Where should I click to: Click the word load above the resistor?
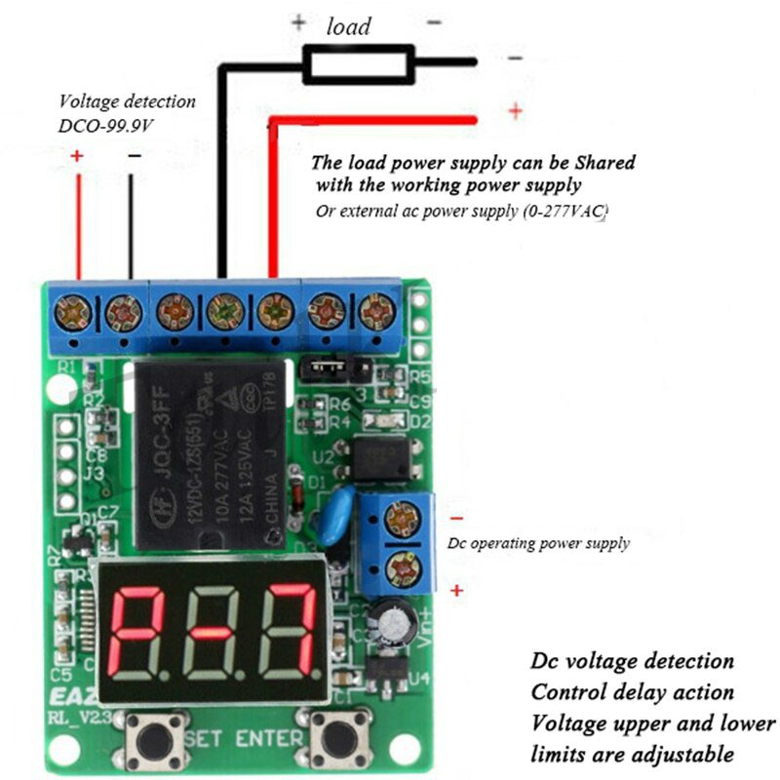tap(349, 26)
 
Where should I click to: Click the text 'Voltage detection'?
tap(127, 101)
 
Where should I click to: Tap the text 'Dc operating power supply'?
tap(538, 543)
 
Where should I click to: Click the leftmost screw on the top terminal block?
tap(74, 314)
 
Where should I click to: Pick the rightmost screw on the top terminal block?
tap(373, 312)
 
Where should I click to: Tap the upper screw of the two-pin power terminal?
tap(401, 520)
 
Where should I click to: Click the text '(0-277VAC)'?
tap(565, 211)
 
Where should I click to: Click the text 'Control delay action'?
tap(632, 692)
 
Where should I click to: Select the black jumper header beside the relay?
tap(331, 369)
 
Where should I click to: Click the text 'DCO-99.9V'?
tap(107, 125)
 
